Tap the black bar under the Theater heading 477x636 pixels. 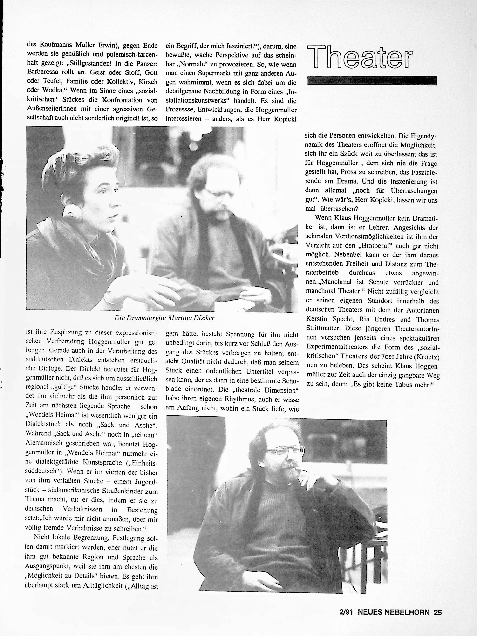click(x=372, y=80)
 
